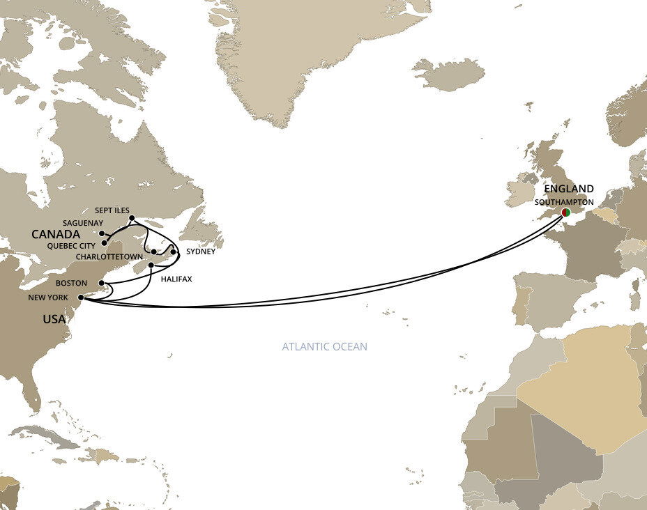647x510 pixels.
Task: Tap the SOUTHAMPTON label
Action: [564, 202]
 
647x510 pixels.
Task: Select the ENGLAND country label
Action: [569, 189]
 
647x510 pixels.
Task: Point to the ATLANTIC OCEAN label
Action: [324, 346]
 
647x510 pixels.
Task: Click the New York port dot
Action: [81, 297]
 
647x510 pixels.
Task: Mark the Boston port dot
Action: [102, 283]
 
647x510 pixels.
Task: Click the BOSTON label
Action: [73, 284]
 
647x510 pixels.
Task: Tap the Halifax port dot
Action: [151, 265]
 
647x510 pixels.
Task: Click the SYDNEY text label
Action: [201, 252]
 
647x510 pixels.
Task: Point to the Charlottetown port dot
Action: [153, 252]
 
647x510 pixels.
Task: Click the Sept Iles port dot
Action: [132, 218]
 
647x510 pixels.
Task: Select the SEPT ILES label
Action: [112, 210]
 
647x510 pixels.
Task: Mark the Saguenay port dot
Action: [102, 233]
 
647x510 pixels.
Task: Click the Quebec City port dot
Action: [105, 243]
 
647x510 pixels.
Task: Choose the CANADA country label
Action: [55, 235]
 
